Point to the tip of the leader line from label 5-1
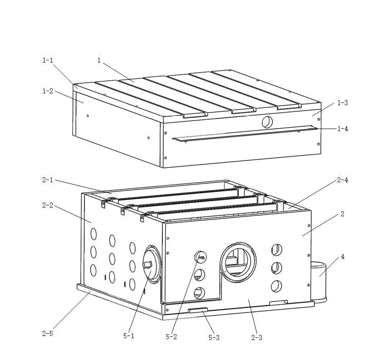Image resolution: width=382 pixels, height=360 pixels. (151, 270)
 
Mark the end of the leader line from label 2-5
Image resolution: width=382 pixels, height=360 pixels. (91, 292)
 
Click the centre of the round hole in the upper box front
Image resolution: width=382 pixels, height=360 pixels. (267, 122)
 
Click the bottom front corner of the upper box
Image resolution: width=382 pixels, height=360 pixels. (163, 167)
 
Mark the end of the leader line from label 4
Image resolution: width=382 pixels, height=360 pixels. (320, 277)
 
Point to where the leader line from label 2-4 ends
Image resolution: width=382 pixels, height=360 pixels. (289, 209)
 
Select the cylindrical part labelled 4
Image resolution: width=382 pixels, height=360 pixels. (318, 282)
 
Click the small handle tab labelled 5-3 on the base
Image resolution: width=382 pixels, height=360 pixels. (198, 310)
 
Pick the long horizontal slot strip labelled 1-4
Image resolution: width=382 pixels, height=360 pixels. (245, 133)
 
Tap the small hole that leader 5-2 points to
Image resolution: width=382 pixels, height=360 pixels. (200, 257)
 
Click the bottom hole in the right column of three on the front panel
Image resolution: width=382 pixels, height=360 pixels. (276, 286)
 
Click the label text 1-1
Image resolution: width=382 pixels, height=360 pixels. (48, 60)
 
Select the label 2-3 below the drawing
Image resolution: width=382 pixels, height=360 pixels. (256, 338)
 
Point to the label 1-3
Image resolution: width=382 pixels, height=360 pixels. (343, 103)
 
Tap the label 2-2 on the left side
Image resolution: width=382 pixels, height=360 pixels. (48, 205)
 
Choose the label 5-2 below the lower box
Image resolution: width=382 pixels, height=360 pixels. (171, 336)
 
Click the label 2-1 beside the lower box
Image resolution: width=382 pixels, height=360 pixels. (48, 180)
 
